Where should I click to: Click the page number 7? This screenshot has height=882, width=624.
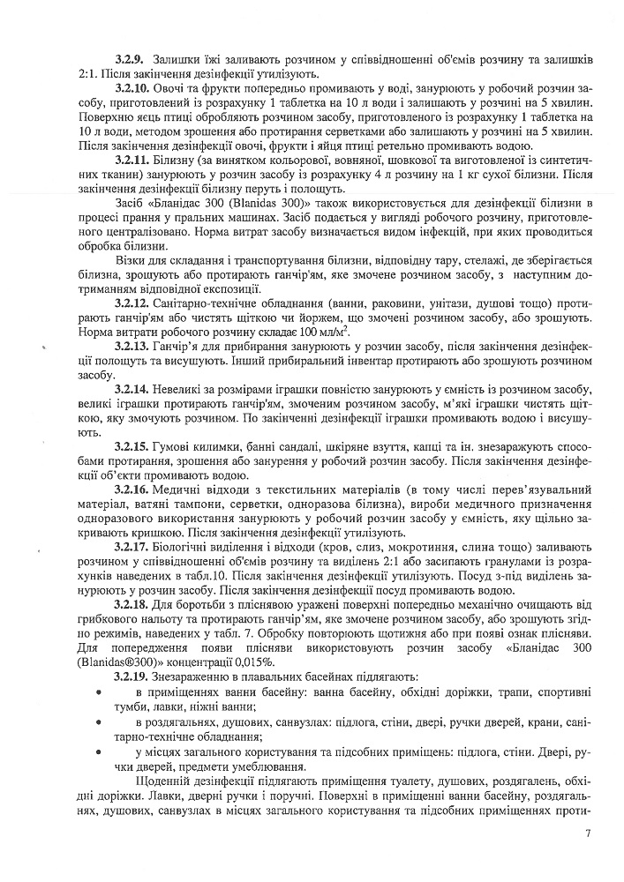point(585,833)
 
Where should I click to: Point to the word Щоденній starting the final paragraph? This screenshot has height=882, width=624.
point(165,780)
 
